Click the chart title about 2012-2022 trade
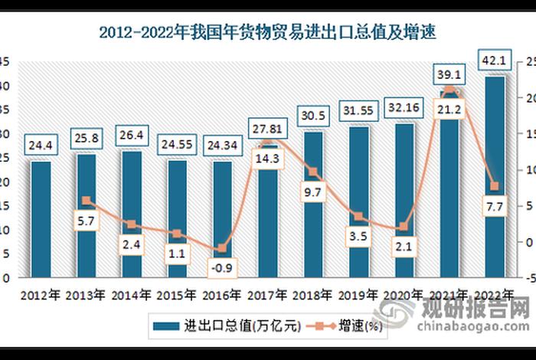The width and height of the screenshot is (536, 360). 267,32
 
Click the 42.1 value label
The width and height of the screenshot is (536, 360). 492,60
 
